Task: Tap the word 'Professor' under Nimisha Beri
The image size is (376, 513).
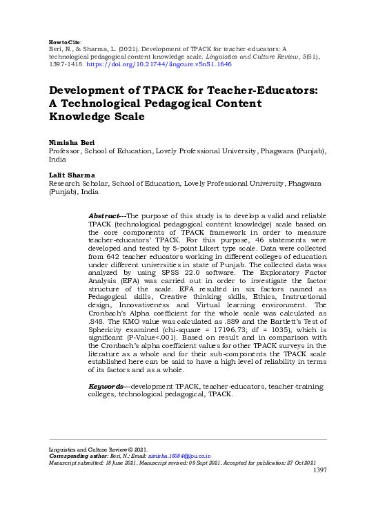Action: pyautogui.click(x=63, y=151)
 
